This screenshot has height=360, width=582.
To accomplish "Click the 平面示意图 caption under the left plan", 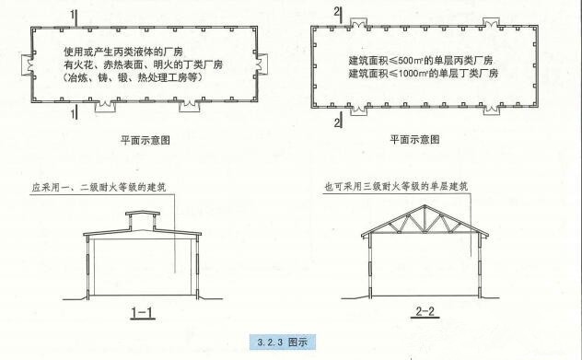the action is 145,141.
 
